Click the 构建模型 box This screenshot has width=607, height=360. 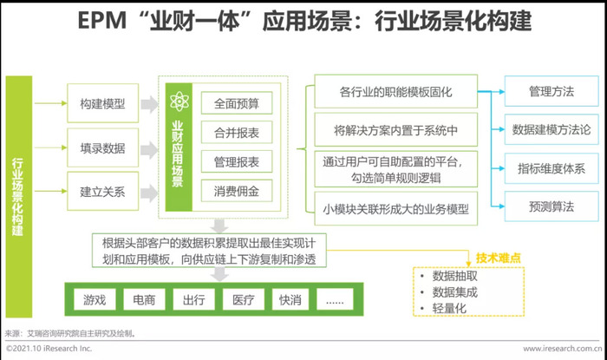102,103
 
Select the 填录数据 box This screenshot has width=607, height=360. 102,147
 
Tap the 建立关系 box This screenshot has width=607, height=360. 102,191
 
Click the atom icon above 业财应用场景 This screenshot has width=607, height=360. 179,101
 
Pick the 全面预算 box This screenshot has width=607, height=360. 237,103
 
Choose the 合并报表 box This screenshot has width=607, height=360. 237,133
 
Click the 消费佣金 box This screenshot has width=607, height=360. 237,191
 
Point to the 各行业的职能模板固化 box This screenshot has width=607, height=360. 395,91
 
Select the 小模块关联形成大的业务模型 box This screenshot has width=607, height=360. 395,209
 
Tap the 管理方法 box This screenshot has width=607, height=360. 552,91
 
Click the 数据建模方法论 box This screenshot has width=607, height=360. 552,129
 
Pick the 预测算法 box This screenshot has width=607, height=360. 552,206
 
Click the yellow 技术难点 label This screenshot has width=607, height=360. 499,258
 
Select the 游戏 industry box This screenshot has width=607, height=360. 95,299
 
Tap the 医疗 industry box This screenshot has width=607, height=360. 244,299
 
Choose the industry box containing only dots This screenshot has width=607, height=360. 335,299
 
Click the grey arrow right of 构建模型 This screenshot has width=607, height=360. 149,104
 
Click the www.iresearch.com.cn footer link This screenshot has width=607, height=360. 563,349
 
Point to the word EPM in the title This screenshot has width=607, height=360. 102,21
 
